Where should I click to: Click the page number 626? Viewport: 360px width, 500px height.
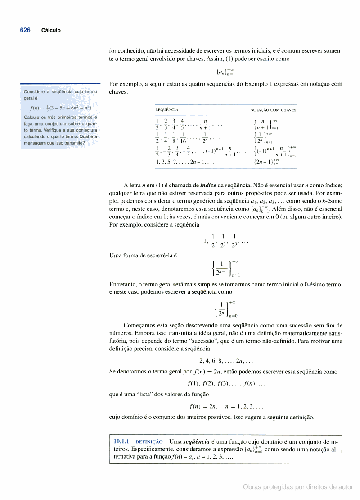25,30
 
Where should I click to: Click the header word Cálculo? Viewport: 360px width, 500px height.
51,31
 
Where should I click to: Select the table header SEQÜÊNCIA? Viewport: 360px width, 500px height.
166,110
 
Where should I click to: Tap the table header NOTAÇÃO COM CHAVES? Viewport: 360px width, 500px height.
273,110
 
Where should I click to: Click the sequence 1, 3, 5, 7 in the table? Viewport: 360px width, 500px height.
185,162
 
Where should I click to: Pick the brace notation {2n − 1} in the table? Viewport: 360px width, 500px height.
266,162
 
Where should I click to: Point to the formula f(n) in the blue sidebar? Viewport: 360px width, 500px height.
60,108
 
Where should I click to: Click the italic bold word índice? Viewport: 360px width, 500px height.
208,185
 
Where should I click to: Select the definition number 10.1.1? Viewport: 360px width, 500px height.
121,441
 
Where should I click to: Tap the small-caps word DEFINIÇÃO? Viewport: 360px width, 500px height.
149,442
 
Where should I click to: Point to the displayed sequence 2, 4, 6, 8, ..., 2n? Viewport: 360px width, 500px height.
226,361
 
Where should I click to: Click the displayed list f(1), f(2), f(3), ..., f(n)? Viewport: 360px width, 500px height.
226,384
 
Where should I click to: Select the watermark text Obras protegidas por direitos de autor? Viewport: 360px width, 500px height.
298,487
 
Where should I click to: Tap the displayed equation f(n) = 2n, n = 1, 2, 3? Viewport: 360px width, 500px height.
226,406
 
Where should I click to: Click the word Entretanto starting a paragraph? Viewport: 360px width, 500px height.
123,284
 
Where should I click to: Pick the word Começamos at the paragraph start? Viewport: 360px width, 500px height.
139,325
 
